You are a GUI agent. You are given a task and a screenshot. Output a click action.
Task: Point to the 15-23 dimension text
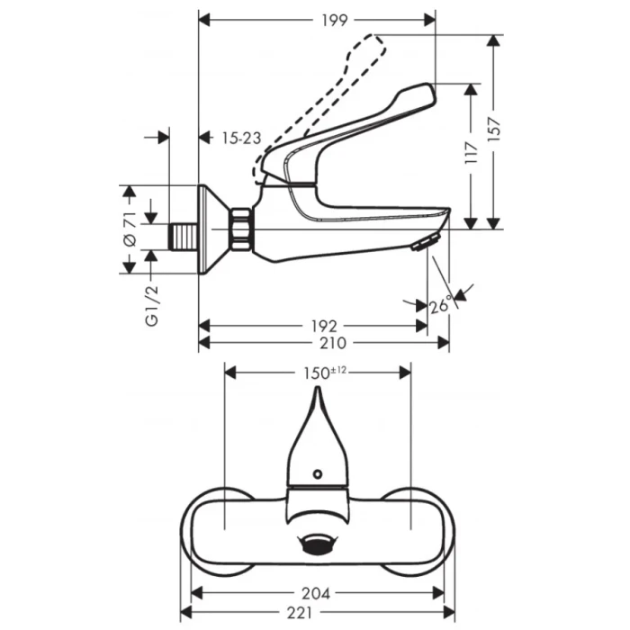241,138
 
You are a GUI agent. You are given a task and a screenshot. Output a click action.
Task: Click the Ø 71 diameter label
128,230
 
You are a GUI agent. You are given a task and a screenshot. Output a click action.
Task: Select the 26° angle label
442,305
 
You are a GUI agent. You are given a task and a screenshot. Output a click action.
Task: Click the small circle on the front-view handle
317,474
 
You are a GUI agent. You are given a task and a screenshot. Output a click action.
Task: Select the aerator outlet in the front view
316,543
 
